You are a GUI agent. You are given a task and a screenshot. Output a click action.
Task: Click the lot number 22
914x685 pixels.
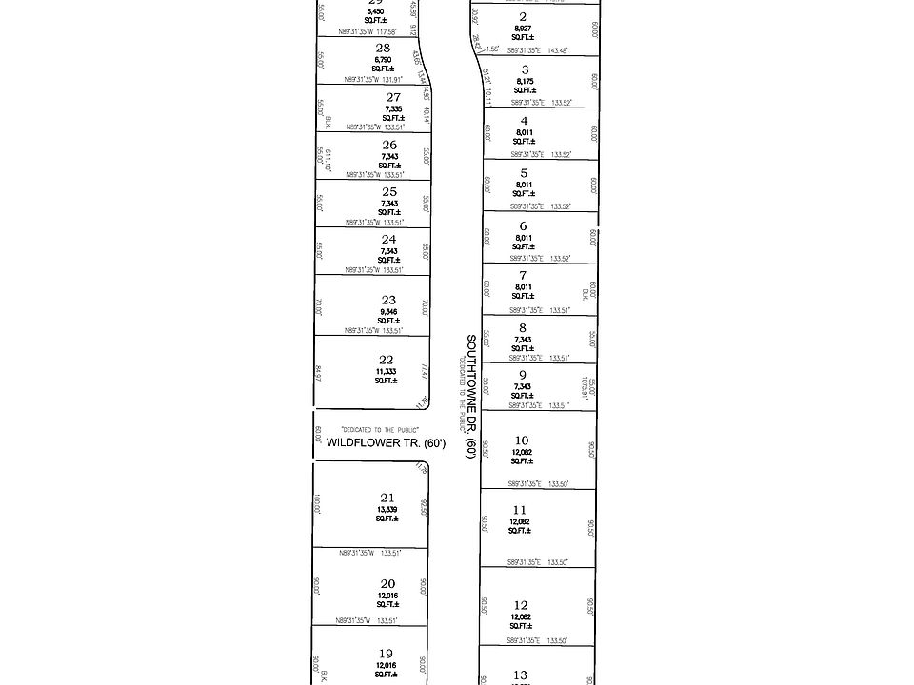(x=387, y=359)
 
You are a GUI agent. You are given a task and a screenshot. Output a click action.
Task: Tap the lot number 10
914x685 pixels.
(x=521, y=440)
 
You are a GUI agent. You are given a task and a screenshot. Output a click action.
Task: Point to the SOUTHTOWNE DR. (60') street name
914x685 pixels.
(x=469, y=396)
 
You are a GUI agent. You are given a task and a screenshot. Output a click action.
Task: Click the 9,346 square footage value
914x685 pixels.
(x=388, y=312)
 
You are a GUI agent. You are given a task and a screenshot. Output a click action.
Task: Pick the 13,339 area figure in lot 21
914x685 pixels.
(x=387, y=509)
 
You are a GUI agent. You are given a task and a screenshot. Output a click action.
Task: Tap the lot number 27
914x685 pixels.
(x=393, y=97)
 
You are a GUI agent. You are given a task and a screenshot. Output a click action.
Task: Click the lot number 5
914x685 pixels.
(x=523, y=173)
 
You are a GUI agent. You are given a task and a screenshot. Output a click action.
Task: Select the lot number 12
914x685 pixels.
(x=521, y=605)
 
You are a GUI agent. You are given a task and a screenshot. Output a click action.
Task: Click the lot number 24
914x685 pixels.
(x=388, y=240)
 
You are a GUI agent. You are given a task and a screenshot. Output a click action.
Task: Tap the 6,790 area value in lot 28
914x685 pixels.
(x=383, y=59)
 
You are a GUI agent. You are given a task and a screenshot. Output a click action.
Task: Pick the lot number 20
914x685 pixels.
(x=387, y=584)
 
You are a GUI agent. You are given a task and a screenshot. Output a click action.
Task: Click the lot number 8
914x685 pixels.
(x=523, y=327)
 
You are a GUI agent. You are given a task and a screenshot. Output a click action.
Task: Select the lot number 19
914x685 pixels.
(x=386, y=653)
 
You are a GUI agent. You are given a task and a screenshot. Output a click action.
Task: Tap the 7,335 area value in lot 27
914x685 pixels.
(x=392, y=109)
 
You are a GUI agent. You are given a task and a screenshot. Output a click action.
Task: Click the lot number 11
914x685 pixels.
(x=519, y=511)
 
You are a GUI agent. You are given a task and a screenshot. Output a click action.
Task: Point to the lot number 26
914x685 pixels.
(x=389, y=145)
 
